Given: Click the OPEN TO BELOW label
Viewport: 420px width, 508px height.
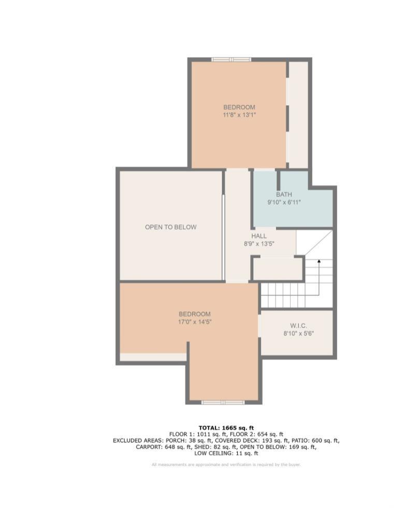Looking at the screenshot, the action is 171,227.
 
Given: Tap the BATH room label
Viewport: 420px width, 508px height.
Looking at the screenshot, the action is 284,194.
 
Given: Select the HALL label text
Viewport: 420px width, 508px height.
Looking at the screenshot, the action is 259,236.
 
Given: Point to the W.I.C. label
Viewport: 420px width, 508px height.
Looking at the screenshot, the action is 298,326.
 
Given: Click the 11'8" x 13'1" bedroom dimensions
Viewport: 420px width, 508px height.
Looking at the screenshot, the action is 239,115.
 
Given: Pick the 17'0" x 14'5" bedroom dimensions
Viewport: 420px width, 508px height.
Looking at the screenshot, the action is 195,322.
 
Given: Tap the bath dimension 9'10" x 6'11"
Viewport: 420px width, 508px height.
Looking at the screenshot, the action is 284,202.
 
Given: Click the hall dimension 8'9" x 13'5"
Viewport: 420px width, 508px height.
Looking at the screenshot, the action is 259,244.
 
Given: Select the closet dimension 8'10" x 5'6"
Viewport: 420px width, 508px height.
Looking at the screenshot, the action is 298,333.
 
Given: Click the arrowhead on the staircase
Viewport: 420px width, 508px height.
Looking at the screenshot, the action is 319,260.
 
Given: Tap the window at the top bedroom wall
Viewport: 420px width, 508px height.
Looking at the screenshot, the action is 231,59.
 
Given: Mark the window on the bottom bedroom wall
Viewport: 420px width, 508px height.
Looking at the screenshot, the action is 223,402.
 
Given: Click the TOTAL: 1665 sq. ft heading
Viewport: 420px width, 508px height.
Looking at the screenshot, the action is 226,428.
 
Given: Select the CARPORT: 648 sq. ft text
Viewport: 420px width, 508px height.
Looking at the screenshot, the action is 164,447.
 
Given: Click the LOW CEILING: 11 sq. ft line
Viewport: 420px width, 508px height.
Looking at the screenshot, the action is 226,453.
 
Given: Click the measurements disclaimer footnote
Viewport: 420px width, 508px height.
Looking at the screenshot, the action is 226,465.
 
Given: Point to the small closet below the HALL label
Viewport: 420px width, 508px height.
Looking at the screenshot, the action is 278,269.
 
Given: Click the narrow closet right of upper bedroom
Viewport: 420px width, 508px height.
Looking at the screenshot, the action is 298,114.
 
